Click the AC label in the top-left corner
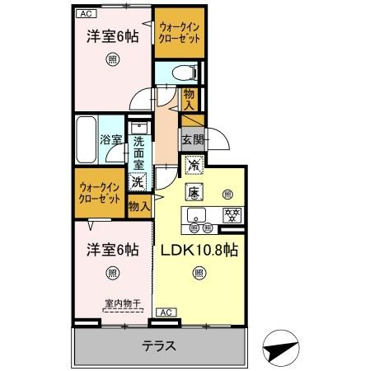coord(86,13)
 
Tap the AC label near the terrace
coord(164,312)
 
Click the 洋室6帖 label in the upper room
coord(110,36)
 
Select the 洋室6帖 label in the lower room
coord(110,249)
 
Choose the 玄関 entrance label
coord(192,138)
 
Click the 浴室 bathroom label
coord(111,140)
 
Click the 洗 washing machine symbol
coord(139,181)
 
